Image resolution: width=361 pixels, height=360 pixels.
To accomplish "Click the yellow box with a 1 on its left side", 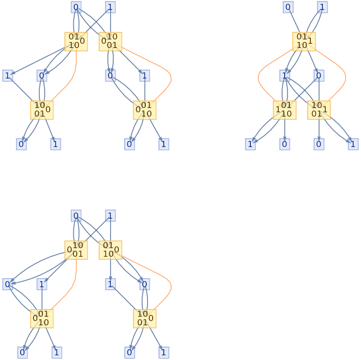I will tap(285, 110).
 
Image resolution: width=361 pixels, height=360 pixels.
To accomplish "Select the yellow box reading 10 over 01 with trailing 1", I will tap(319, 110).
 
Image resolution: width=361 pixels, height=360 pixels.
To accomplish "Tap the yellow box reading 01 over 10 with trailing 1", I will tap(304, 42).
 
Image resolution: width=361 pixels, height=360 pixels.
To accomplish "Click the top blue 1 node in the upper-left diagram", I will tap(110, 7).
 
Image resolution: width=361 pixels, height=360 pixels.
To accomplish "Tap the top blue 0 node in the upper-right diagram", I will tap(288, 7).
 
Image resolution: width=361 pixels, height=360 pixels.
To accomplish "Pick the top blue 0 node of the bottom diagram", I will tap(76, 216).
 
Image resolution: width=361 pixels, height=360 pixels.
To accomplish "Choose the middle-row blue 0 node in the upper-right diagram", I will tap(319, 76).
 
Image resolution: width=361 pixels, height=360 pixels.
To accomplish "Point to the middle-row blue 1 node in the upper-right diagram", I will tap(285, 76).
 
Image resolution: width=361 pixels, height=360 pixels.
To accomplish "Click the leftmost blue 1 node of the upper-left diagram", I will tap(7, 76).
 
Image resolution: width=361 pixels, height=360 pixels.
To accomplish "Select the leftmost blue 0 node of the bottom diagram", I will tap(7, 284).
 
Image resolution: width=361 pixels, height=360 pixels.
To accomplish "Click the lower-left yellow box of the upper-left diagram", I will tap(42, 110).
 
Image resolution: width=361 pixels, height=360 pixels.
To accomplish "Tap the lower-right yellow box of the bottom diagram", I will tap(144, 318).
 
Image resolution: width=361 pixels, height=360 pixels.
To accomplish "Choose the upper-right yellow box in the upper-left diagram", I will tap(110, 42).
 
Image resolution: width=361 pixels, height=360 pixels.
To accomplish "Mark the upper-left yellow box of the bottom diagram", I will tap(76, 250).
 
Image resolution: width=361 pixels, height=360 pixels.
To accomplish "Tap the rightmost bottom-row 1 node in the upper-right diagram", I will tap(353, 144).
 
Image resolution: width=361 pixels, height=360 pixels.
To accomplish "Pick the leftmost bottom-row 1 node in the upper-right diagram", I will tap(250, 144).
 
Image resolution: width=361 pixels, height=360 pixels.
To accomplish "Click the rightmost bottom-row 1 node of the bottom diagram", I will tap(163, 352).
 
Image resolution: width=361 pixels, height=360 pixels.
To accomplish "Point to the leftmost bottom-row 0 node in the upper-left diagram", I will tap(21, 144).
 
